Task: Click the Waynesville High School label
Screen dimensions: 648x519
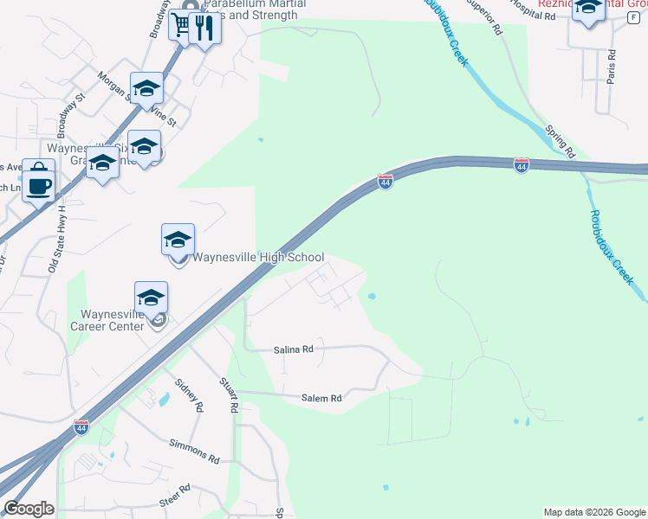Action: [x=258, y=258]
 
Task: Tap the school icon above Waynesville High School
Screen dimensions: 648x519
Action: [x=178, y=239]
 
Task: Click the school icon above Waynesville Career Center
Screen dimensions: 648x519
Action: [x=151, y=297]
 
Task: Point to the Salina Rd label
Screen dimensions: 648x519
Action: [x=294, y=349]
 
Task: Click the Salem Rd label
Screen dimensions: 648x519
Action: [x=321, y=399]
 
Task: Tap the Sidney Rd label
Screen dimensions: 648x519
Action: [x=188, y=394]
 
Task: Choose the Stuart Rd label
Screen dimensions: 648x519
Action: [x=231, y=398]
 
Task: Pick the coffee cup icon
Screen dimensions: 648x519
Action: [x=39, y=184]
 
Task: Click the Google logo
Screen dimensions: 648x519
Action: [x=29, y=509]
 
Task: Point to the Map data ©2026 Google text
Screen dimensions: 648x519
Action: [x=593, y=512]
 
